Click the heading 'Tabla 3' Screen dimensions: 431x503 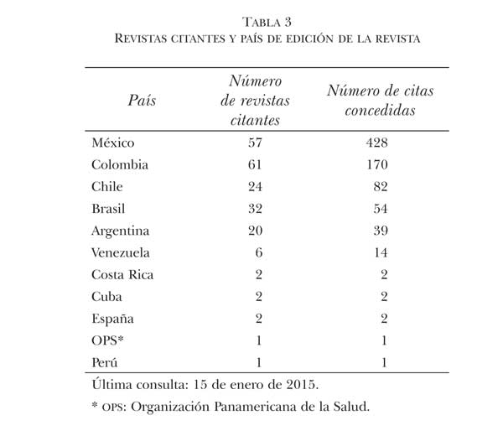251,22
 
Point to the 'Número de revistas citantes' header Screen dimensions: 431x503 255,100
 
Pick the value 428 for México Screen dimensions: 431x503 373,143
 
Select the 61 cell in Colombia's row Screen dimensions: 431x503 255,164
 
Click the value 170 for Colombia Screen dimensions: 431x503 373,164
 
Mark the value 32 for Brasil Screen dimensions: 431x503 255,208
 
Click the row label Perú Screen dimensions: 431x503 105,361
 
